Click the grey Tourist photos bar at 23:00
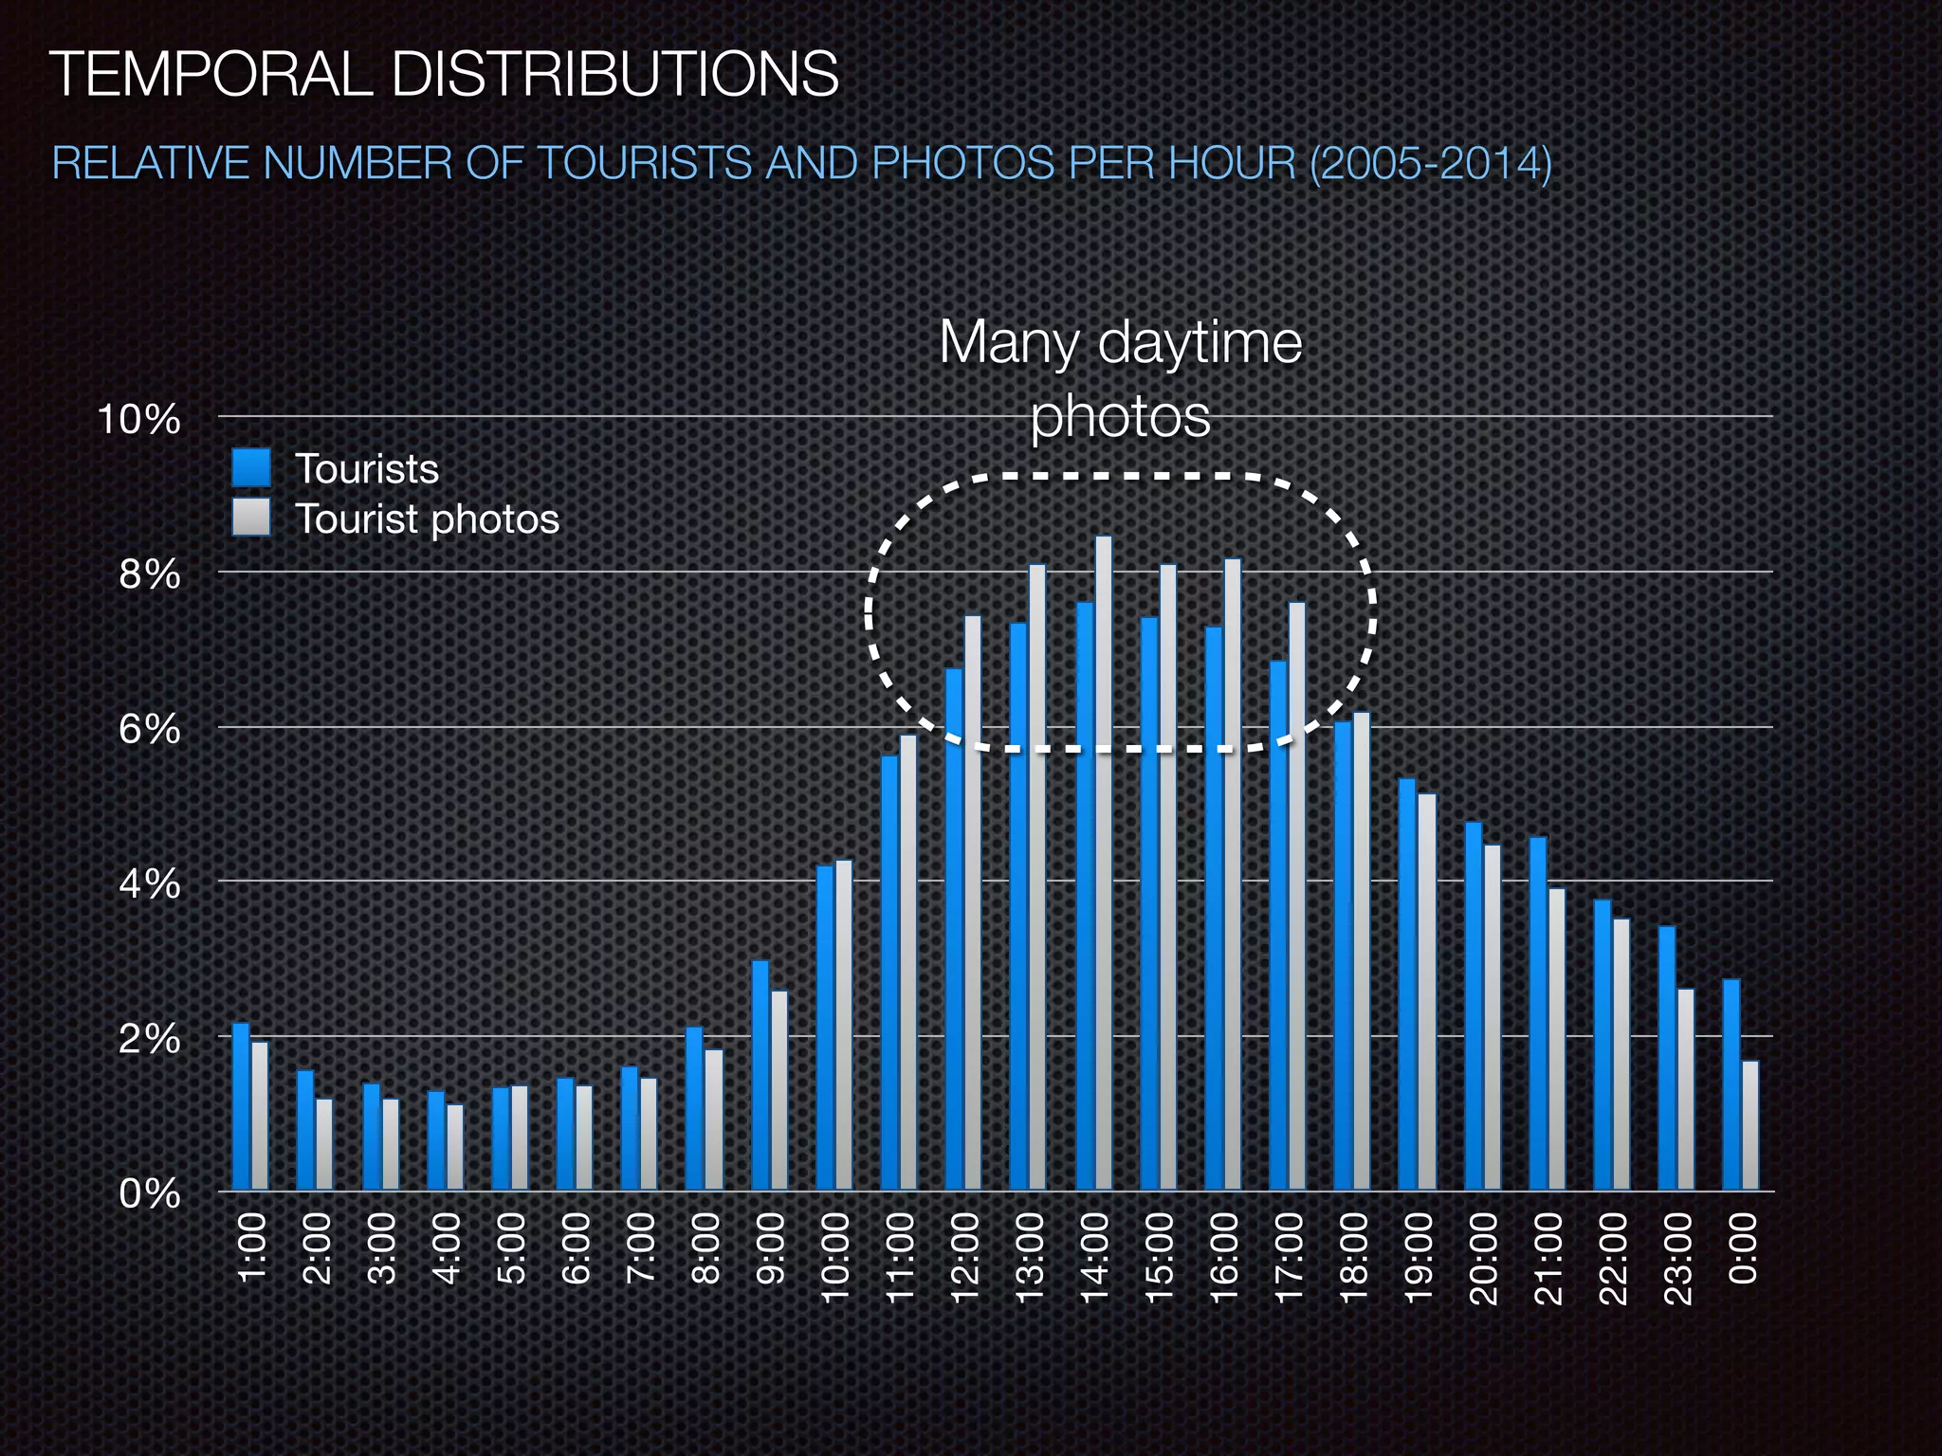click(1685, 1089)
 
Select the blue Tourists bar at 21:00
click(1538, 1013)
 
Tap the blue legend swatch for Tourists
click(251, 467)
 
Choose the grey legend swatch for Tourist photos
click(251, 518)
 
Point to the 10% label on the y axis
click(139, 419)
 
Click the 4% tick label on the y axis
click(150, 883)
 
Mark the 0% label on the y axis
click(150, 1193)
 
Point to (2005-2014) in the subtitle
click(1431, 163)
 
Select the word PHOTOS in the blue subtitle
click(962, 163)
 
